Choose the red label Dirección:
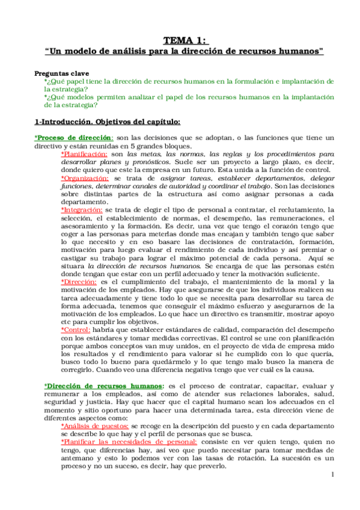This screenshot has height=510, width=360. click(x=79, y=282)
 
